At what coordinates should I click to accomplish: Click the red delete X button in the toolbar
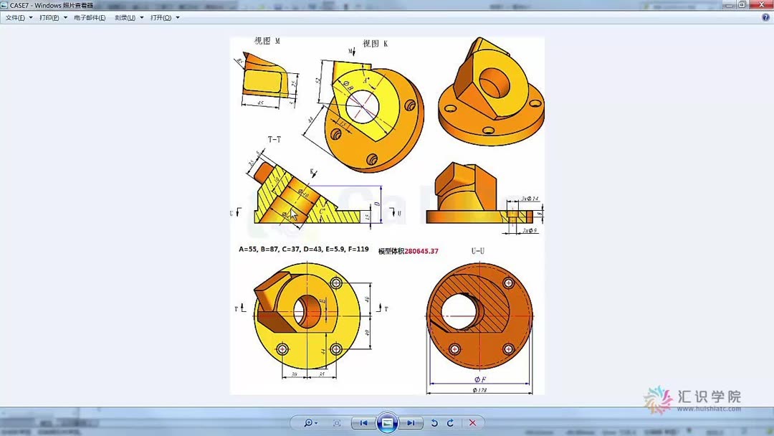(x=472, y=423)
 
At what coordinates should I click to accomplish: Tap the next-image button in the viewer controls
(x=410, y=423)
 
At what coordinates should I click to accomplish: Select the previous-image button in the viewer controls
(x=363, y=423)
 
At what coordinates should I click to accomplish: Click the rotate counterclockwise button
(x=434, y=423)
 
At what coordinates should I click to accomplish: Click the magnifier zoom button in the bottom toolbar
(x=309, y=423)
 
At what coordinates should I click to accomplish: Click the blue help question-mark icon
(x=765, y=18)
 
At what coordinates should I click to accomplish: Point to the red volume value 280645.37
(x=421, y=251)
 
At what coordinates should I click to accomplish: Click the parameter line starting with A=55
(x=304, y=250)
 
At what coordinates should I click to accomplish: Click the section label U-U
(x=478, y=251)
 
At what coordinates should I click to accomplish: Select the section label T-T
(x=274, y=139)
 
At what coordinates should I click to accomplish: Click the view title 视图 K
(x=375, y=44)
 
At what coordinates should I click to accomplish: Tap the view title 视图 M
(x=267, y=42)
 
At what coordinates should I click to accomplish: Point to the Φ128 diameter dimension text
(x=479, y=390)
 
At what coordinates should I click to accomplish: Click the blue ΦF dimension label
(x=479, y=379)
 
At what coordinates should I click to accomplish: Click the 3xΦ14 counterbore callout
(x=530, y=199)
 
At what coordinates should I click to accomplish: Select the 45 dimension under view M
(x=259, y=103)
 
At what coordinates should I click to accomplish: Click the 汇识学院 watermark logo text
(x=709, y=397)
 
